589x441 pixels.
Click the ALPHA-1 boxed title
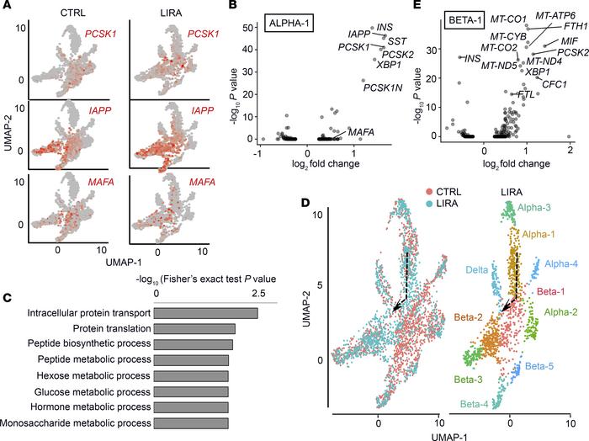283,23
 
